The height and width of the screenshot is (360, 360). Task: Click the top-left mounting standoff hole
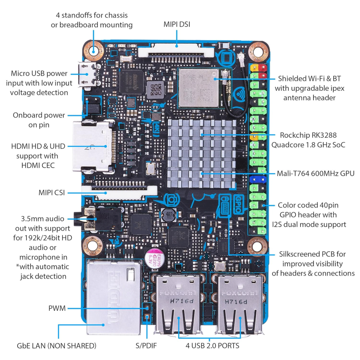click(x=93, y=50)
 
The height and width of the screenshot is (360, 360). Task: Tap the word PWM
click(x=57, y=308)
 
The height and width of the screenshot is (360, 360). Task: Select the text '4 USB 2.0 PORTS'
click(x=212, y=346)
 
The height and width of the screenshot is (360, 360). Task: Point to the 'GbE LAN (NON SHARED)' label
click(x=56, y=346)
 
